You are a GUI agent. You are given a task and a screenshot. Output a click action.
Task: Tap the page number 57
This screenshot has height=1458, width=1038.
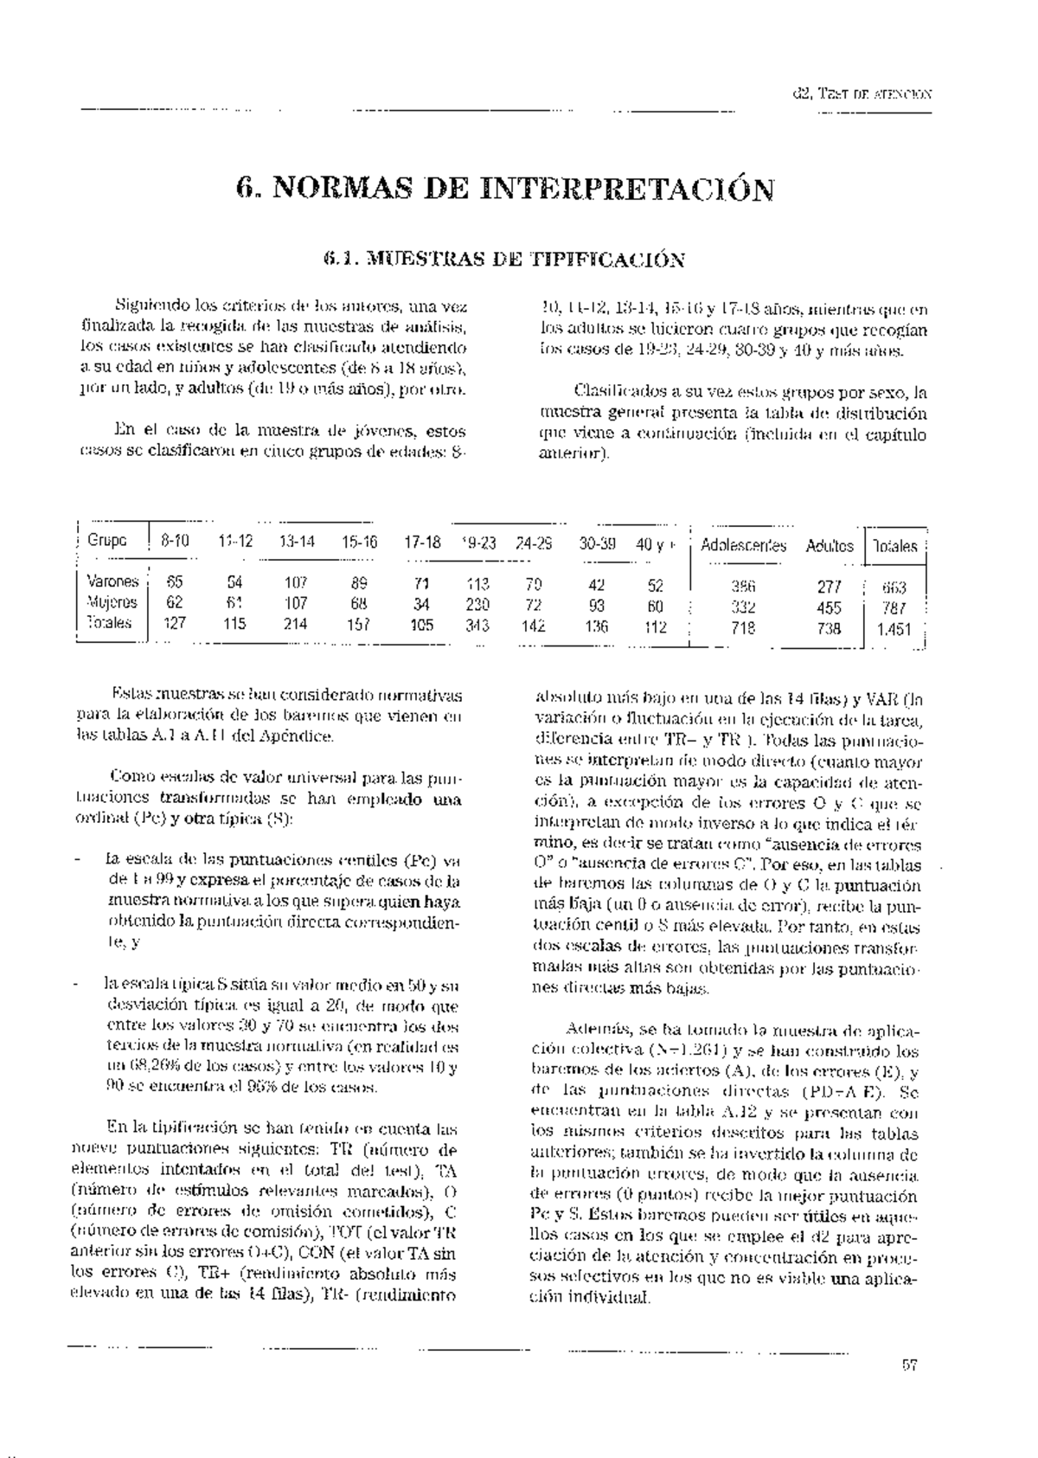pyautogui.click(x=909, y=1366)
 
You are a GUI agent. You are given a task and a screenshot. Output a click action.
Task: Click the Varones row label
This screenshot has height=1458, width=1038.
pyautogui.click(x=112, y=581)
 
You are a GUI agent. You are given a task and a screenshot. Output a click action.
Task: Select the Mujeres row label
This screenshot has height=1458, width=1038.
pyautogui.click(x=112, y=602)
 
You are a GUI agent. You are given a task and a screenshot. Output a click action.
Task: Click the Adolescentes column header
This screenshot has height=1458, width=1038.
pyautogui.click(x=743, y=546)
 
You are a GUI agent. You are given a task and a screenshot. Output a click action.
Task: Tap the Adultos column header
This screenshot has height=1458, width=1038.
pyautogui.click(x=830, y=546)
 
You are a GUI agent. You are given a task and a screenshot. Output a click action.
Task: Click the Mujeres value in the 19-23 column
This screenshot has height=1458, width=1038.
pyautogui.click(x=477, y=605)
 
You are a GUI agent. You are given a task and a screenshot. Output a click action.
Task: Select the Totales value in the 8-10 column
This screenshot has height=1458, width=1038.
pyautogui.click(x=175, y=623)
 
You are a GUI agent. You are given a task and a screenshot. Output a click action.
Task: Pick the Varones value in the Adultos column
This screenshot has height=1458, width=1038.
pyautogui.click(x=830, y=587)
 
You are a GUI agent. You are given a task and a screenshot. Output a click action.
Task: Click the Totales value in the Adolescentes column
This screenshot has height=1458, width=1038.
pyautogui.click(x=743, y=628)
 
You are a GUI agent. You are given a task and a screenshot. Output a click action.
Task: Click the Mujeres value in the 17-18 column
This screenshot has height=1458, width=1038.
pyautogui.click(x=422, y=605)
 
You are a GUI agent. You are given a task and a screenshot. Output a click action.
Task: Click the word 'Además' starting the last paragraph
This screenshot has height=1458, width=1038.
pyautogui.click(x=593, y=1030)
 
